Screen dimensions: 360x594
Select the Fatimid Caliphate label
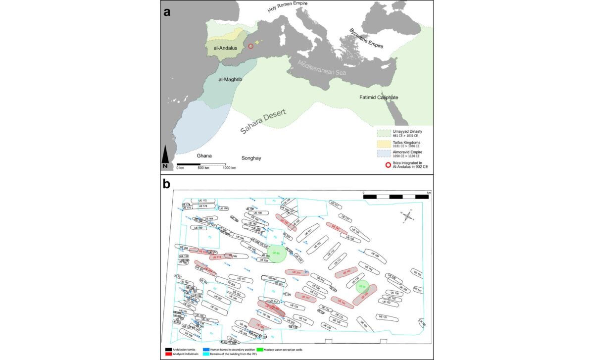click(x=379, y=98)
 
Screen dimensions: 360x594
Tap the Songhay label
click(x=251, y=158)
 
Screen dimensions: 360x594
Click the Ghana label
click(x=204, y=156)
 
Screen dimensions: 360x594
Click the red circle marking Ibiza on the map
click(x=250, y=46)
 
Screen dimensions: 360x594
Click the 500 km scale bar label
click(x=203, y=168)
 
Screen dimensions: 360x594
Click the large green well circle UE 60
click(x=276, y=253)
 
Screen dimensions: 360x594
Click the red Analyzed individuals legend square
click(x=169, y=354)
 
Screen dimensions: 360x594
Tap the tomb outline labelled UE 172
click(x=203, y=201)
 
